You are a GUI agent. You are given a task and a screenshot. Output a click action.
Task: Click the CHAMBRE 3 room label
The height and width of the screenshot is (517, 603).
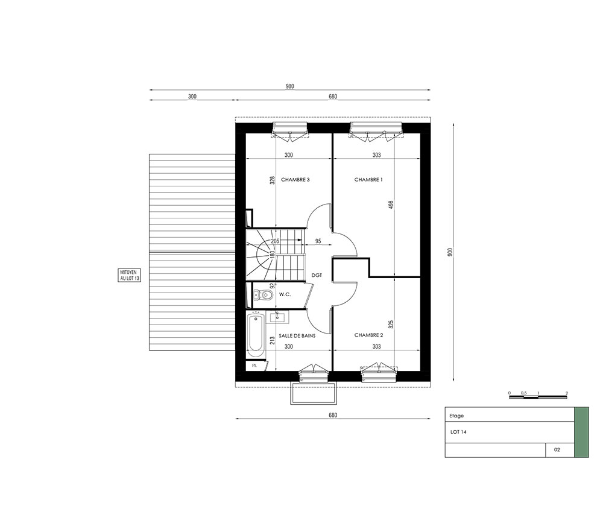click(x=295, y=180)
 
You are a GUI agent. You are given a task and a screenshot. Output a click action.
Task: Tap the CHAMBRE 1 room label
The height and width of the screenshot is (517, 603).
click(x=368, y=180)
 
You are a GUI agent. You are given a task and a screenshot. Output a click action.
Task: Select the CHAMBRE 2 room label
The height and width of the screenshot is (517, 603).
click(x=368, y=335)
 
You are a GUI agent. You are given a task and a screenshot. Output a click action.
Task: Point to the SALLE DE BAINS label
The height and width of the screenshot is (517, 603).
click(x=297, y=336)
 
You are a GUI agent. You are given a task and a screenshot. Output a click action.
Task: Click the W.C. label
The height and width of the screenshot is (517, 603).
click(x=285, y=294)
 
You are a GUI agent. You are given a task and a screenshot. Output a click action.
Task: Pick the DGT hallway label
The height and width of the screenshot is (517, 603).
click(x=317, y=276)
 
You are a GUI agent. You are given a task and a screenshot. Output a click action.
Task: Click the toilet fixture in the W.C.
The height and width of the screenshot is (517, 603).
click(x=264, y=295)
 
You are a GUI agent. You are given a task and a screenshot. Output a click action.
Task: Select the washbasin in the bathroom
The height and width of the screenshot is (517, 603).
click(x=277, y=317)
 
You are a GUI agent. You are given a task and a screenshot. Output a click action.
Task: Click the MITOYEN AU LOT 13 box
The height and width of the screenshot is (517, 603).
click(x=129, y=275)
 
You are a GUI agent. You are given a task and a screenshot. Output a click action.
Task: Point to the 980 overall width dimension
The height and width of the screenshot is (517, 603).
click(x=289, y=86)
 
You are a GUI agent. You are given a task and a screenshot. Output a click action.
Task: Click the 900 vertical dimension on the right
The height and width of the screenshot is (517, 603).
click(x=450, y=252)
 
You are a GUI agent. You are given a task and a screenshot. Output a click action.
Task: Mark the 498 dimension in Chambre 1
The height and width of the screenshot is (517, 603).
click(x=391, y=205)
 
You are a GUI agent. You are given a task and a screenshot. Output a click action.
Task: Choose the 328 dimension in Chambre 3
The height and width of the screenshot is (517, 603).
click(x=273, y=180)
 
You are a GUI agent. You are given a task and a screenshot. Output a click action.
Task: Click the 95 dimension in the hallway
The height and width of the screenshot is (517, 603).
click(x=318, y=241)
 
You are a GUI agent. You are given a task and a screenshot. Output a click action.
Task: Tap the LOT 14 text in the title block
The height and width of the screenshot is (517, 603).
click(x=458, y=432)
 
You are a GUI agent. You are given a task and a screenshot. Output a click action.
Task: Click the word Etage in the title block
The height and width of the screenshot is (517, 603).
click(x=456, y=416)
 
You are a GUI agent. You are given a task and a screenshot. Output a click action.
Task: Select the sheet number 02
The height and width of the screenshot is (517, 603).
click(x=557, y=449)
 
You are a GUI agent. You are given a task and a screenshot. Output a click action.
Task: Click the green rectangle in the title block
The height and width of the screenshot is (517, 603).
click(x=581, y=433)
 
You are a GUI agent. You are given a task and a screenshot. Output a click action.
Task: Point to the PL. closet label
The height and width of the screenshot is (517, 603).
click(x=254, y=366)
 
